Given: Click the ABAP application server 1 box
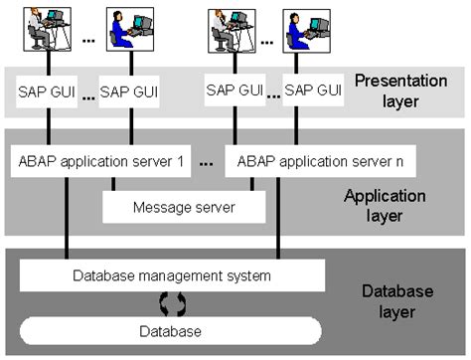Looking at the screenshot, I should (x=98, y=159).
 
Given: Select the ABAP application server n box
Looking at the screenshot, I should (x=319, y=159).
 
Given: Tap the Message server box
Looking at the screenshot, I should (x=184, y=207).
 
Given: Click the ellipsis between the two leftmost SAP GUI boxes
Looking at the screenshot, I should (x=88, y=97).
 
